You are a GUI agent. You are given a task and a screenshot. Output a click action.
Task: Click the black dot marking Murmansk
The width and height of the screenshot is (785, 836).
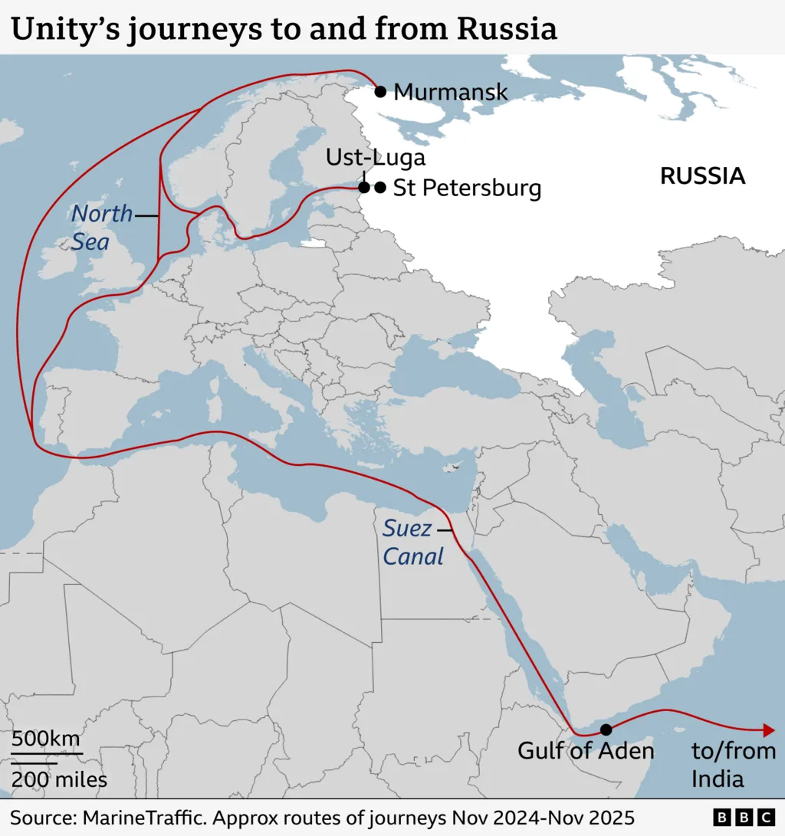click(380, 92)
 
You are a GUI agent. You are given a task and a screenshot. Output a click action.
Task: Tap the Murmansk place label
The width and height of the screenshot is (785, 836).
click(450, 93)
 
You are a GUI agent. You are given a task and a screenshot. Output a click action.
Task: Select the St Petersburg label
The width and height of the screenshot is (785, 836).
click(467, 189)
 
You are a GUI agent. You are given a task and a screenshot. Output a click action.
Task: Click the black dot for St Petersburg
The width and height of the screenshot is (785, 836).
click(380, 187)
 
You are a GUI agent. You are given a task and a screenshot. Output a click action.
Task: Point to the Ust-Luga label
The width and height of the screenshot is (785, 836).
click(375, 158)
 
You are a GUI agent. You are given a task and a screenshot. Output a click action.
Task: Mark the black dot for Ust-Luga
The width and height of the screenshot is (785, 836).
click(364, 187)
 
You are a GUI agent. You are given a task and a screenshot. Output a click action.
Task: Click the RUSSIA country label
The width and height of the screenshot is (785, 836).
click(702, 176)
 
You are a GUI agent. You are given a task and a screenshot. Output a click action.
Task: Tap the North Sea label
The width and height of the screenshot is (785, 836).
click(101, 228)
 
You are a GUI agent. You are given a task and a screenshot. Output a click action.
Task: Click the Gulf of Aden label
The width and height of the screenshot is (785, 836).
click(586, 750)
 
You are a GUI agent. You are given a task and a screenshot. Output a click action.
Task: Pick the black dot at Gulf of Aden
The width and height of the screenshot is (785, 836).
click(606, 729)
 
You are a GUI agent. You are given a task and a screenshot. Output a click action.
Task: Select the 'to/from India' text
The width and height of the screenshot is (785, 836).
click(732, 765)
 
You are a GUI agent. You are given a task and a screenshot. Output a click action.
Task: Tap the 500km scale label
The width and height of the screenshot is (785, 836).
click(45, 739)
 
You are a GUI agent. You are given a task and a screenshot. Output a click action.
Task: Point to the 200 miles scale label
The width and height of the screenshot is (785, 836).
click(59, 780)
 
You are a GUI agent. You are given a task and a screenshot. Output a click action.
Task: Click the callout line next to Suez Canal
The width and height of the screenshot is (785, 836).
click(443, 529)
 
